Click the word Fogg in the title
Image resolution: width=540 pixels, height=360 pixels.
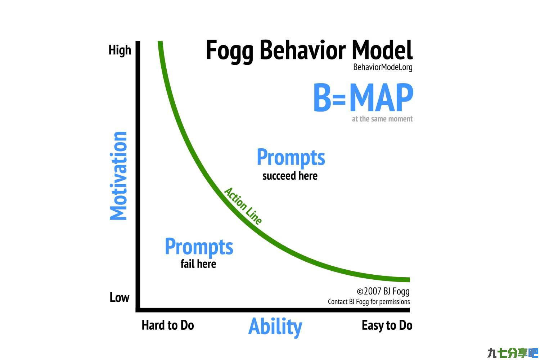230,51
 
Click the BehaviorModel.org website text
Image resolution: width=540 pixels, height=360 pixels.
383,67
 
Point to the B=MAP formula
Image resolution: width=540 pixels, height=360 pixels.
364,98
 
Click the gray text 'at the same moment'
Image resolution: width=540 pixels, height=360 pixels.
382,119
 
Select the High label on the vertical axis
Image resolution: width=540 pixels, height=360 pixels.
120,50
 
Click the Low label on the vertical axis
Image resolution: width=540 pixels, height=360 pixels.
120,297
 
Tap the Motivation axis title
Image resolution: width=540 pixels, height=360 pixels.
118,176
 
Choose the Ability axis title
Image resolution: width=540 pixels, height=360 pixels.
275,327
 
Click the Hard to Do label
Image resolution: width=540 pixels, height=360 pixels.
168,325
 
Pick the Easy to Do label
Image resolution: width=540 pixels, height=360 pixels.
387,325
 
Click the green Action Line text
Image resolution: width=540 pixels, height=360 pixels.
243,206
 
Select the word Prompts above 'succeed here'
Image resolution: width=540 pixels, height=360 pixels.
291,158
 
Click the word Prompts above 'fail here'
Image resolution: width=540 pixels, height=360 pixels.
199,247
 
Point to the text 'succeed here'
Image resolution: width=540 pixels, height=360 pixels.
290,176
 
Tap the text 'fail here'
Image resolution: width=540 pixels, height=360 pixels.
198,264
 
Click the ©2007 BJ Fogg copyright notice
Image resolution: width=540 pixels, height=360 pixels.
383,292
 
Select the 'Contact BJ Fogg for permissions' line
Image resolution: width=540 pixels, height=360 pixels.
369,302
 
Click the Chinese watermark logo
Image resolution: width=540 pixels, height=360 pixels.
513,353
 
